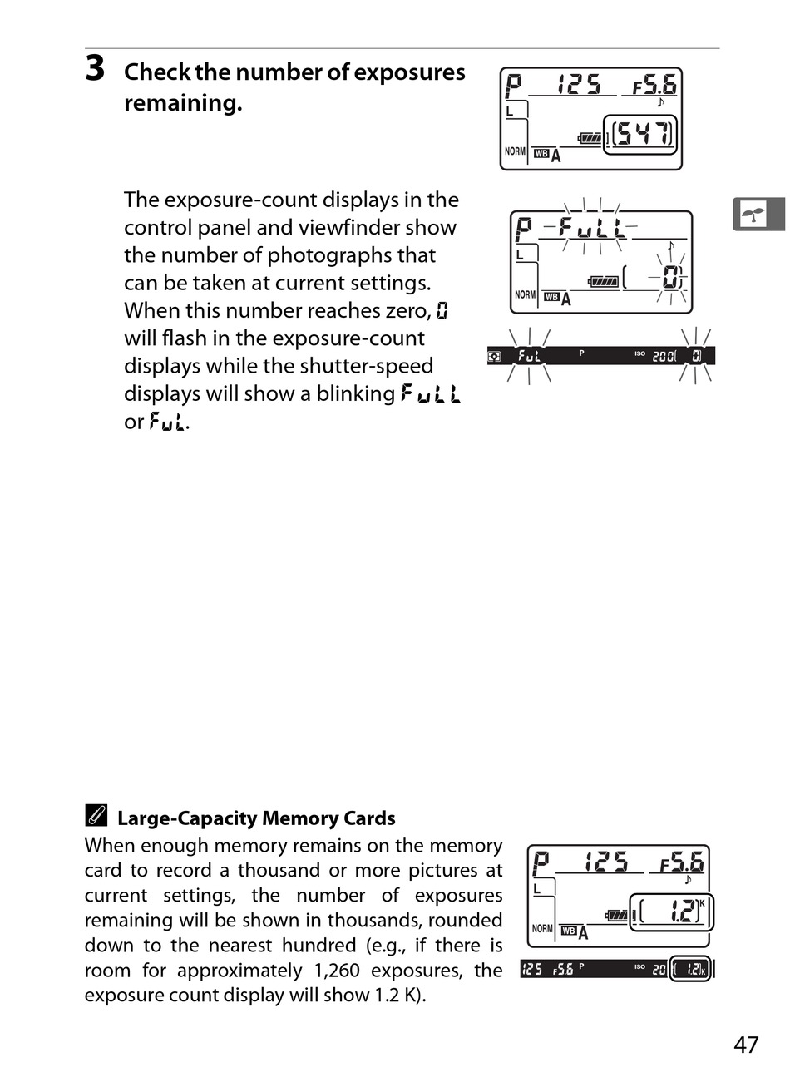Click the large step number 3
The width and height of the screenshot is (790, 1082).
click(95, 68)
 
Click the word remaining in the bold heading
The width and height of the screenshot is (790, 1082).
click(181, 104)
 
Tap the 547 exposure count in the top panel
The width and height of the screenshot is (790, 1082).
click(643, 134)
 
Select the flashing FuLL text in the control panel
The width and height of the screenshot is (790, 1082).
click(591, 226)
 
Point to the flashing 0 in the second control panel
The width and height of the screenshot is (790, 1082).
click(673, 278)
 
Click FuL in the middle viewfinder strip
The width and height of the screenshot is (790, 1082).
click(529, 356)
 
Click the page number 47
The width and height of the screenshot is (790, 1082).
click(746, 1045)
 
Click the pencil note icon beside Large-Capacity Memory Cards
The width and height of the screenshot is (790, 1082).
click(96, 817)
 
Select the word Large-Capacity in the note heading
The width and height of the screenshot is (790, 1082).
click(187, 818)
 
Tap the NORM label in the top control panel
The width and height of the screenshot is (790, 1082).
click(516, 151)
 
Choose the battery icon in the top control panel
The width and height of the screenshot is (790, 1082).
click(590, 138)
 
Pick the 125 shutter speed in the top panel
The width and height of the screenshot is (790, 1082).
click(579, 85)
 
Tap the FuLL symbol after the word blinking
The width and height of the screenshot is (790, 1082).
click(431, 393)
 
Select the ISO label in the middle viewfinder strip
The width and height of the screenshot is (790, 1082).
click(639, 353)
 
